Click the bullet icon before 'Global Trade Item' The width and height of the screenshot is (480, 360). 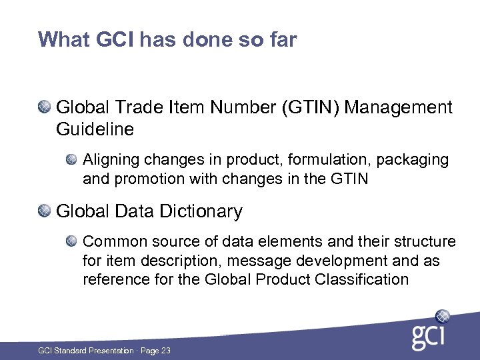pos(44,106)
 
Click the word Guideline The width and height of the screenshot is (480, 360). pos(95,129)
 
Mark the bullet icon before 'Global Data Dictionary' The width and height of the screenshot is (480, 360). pos(44,211)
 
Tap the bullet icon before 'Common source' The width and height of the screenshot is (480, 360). pos(71,241)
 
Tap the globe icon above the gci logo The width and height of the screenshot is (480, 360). pos(443,316)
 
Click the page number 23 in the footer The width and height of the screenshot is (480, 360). pos(165,350)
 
